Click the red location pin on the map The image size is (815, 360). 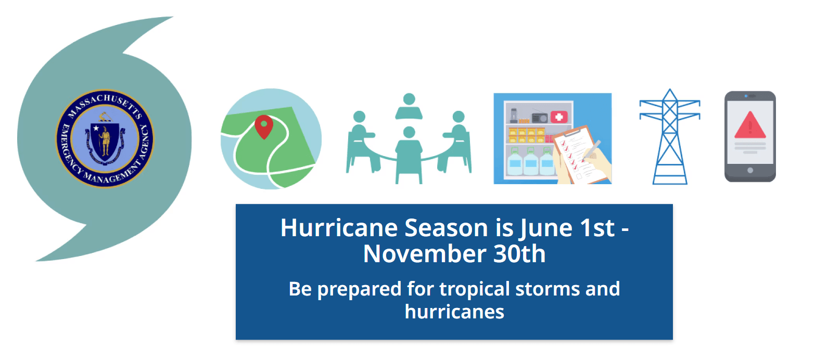264,125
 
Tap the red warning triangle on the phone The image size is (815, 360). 750,126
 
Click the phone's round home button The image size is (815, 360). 750,170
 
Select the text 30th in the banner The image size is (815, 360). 523,254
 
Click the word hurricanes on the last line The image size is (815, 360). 454,311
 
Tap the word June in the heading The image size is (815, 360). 546,228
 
